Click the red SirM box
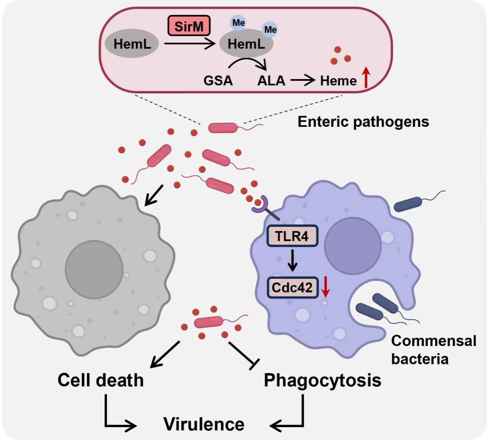(189, 26)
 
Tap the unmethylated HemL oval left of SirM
(132, 44)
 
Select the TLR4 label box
(292, 236)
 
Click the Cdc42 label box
(292, 287)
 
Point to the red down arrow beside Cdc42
(325, 286)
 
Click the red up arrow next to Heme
(365, 77)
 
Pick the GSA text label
(218, 81)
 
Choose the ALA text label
(271, 81)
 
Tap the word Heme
(338, 81)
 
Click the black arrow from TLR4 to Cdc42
(293, 261)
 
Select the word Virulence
(204, 424)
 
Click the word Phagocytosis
(323, 380)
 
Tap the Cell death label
(100, 380)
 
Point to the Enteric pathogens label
(363, 122)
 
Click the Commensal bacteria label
(433, 349)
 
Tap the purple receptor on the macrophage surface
(261, 206)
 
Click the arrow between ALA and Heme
(303, 81)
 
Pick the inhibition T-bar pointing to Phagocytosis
(244, 355)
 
